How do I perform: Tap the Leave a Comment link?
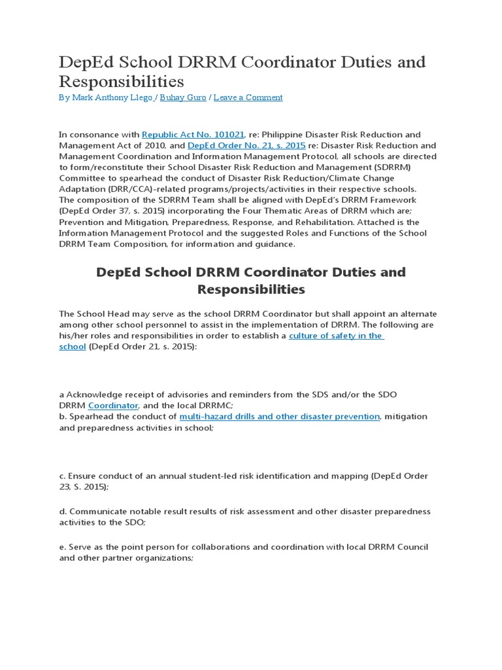pyautogui.click(x=248, y=97)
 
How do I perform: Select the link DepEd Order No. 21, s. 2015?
pyautogui.click(x=246, y=145)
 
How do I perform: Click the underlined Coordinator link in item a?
pyautogui.click(x=113, y=406)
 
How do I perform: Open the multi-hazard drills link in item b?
pyautogui.click(x=279, y=416)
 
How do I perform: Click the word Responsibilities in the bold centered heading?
pyautogui.click(x=250, y=289)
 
